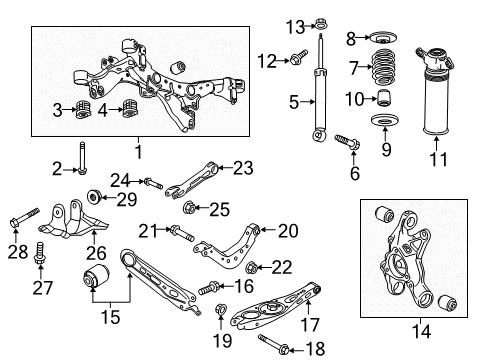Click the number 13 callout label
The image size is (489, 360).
pos(266,24)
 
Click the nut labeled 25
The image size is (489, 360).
pos(189,209)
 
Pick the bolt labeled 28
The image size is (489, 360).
pos(23,218)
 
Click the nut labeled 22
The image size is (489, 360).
pos(253,268)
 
